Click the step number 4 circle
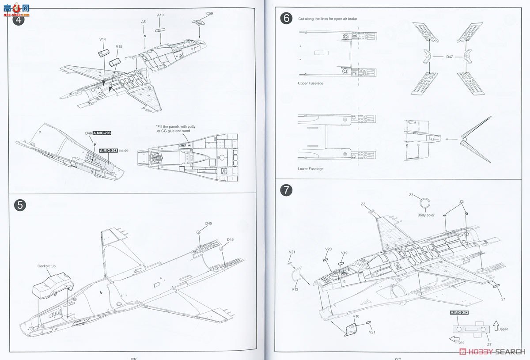pyautogui.click(x=19, y=19)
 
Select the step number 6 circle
pyautogui.click(x=286, y=19)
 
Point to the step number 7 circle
pyautogui.click(x=286, y=190)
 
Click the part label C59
pyautogui.click(x=209, y=14)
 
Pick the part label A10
pyautogui.click(x=160, y=15)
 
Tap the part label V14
pyautogui.click(x=102, y=39)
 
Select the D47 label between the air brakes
pyautogui.click(x=450, y=57)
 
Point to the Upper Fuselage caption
pyautogui.click(x=310, y=83)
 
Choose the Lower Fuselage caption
pyautogui.click(x=310, y=169)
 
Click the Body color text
pyautogui.click(x=426, y=215)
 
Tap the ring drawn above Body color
pyautogui.click(x=425, y=204)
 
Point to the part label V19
pyautogui.click(x=344, y=253)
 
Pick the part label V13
pyautogui.click(x=295, y=289)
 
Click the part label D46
pyautogui.click(x=88, y=133)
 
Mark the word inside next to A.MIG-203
pyautogui.click(x=124, y=151)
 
